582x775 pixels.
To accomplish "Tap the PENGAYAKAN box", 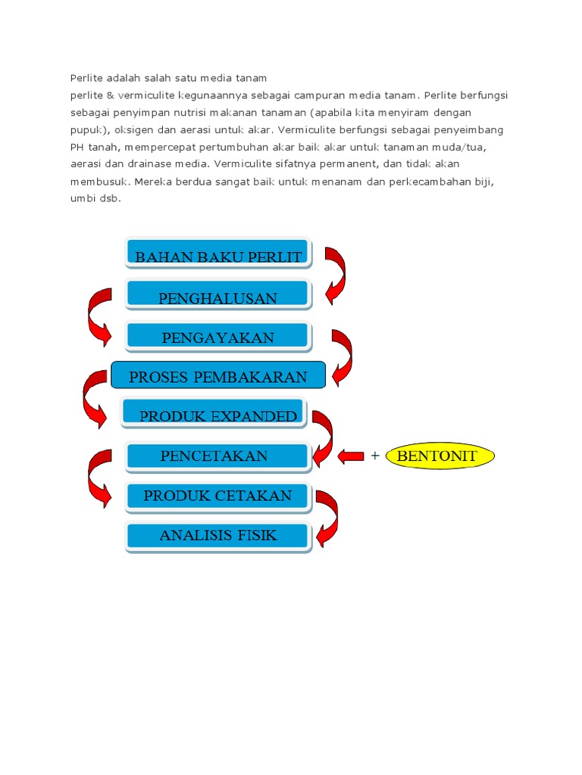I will (218, 337).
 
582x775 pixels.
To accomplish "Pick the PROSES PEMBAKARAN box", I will (218, 376).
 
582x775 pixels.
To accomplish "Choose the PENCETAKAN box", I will (218, 456).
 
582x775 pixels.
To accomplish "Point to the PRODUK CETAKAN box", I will (218, 496).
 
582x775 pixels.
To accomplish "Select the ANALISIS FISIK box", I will (218, 536).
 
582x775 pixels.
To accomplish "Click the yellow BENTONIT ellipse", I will (440, 456).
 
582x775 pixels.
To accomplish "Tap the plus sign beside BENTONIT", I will (374, 456).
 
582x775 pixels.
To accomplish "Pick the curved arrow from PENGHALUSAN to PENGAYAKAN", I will (99, 316).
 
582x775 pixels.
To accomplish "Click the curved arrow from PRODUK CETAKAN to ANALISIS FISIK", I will (327, 518).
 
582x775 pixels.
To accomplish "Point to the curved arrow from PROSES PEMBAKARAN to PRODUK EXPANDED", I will (94, 397).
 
